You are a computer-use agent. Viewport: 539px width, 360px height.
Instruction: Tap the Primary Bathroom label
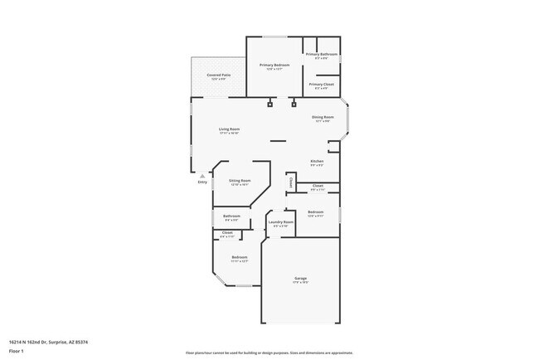click(x=322, y=55)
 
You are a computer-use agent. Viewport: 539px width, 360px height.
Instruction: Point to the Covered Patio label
click(x=219, y=75)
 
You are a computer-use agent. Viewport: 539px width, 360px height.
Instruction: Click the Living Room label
click(x=229, y=129)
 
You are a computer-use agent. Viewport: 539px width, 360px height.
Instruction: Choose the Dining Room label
click(x=323, y=118)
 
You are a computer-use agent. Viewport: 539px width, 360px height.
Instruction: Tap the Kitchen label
click(x=317, y=161)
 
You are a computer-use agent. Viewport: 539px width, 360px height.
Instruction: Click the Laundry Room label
click(x=281, y=222)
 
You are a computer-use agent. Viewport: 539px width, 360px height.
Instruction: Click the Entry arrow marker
click(x=202, y=175)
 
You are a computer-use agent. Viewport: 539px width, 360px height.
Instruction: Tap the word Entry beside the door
click(x=202, y=182)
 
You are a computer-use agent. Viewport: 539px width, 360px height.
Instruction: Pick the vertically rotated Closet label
click(x=291, y=182)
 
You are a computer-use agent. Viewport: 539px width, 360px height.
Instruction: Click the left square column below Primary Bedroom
click(x=269, y=105)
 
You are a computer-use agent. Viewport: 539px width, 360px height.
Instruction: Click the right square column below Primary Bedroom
click(x=294, y=105)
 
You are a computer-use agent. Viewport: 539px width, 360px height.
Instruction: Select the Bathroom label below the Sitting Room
click(x=231, y=216)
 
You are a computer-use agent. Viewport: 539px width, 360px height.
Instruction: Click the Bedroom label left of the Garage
click(x=240, y=257)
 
